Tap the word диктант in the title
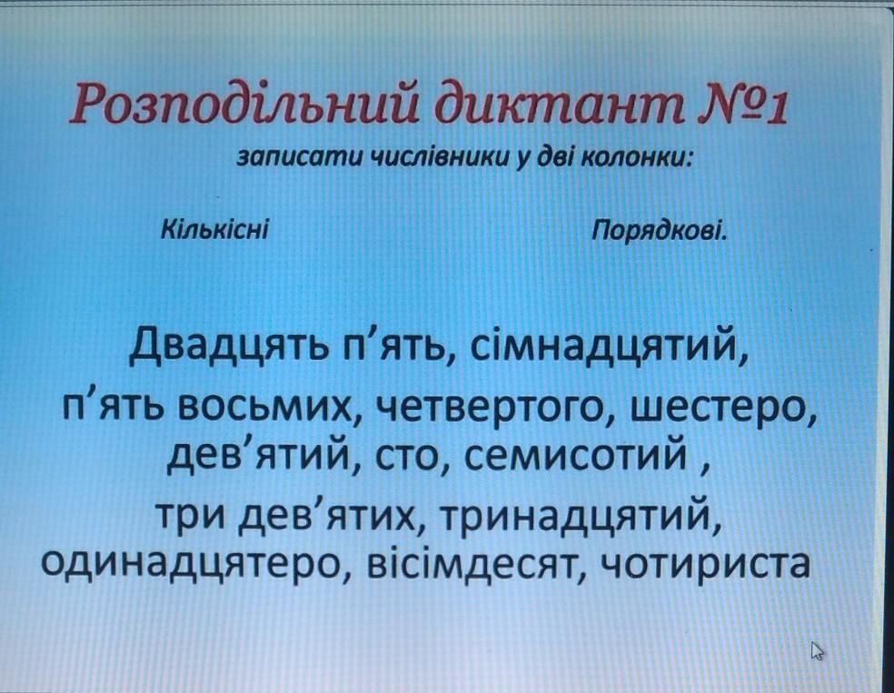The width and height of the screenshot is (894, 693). [556, 104]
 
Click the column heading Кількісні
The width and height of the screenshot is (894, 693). [215, 231]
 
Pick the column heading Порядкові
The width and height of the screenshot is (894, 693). [659, 232]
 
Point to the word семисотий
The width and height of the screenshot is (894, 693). [575, 457]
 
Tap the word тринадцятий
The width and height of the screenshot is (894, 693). [575, 516]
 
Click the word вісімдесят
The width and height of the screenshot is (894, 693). [474, 563]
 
